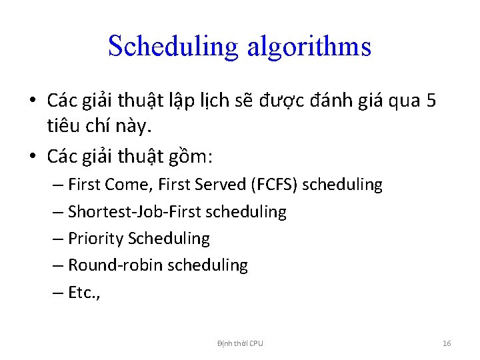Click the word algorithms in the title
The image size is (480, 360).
tap(309, 47)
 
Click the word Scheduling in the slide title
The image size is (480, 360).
tap(172, 47)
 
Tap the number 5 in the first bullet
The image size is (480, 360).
tap(431, 101)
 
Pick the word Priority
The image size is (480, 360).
tap(96, 239)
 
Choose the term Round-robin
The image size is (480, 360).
tap(115, 265)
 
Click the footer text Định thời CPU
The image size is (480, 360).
tap(240, 343)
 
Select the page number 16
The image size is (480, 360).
tap(447, 343)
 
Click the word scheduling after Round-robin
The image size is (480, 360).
tap(207, 265)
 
